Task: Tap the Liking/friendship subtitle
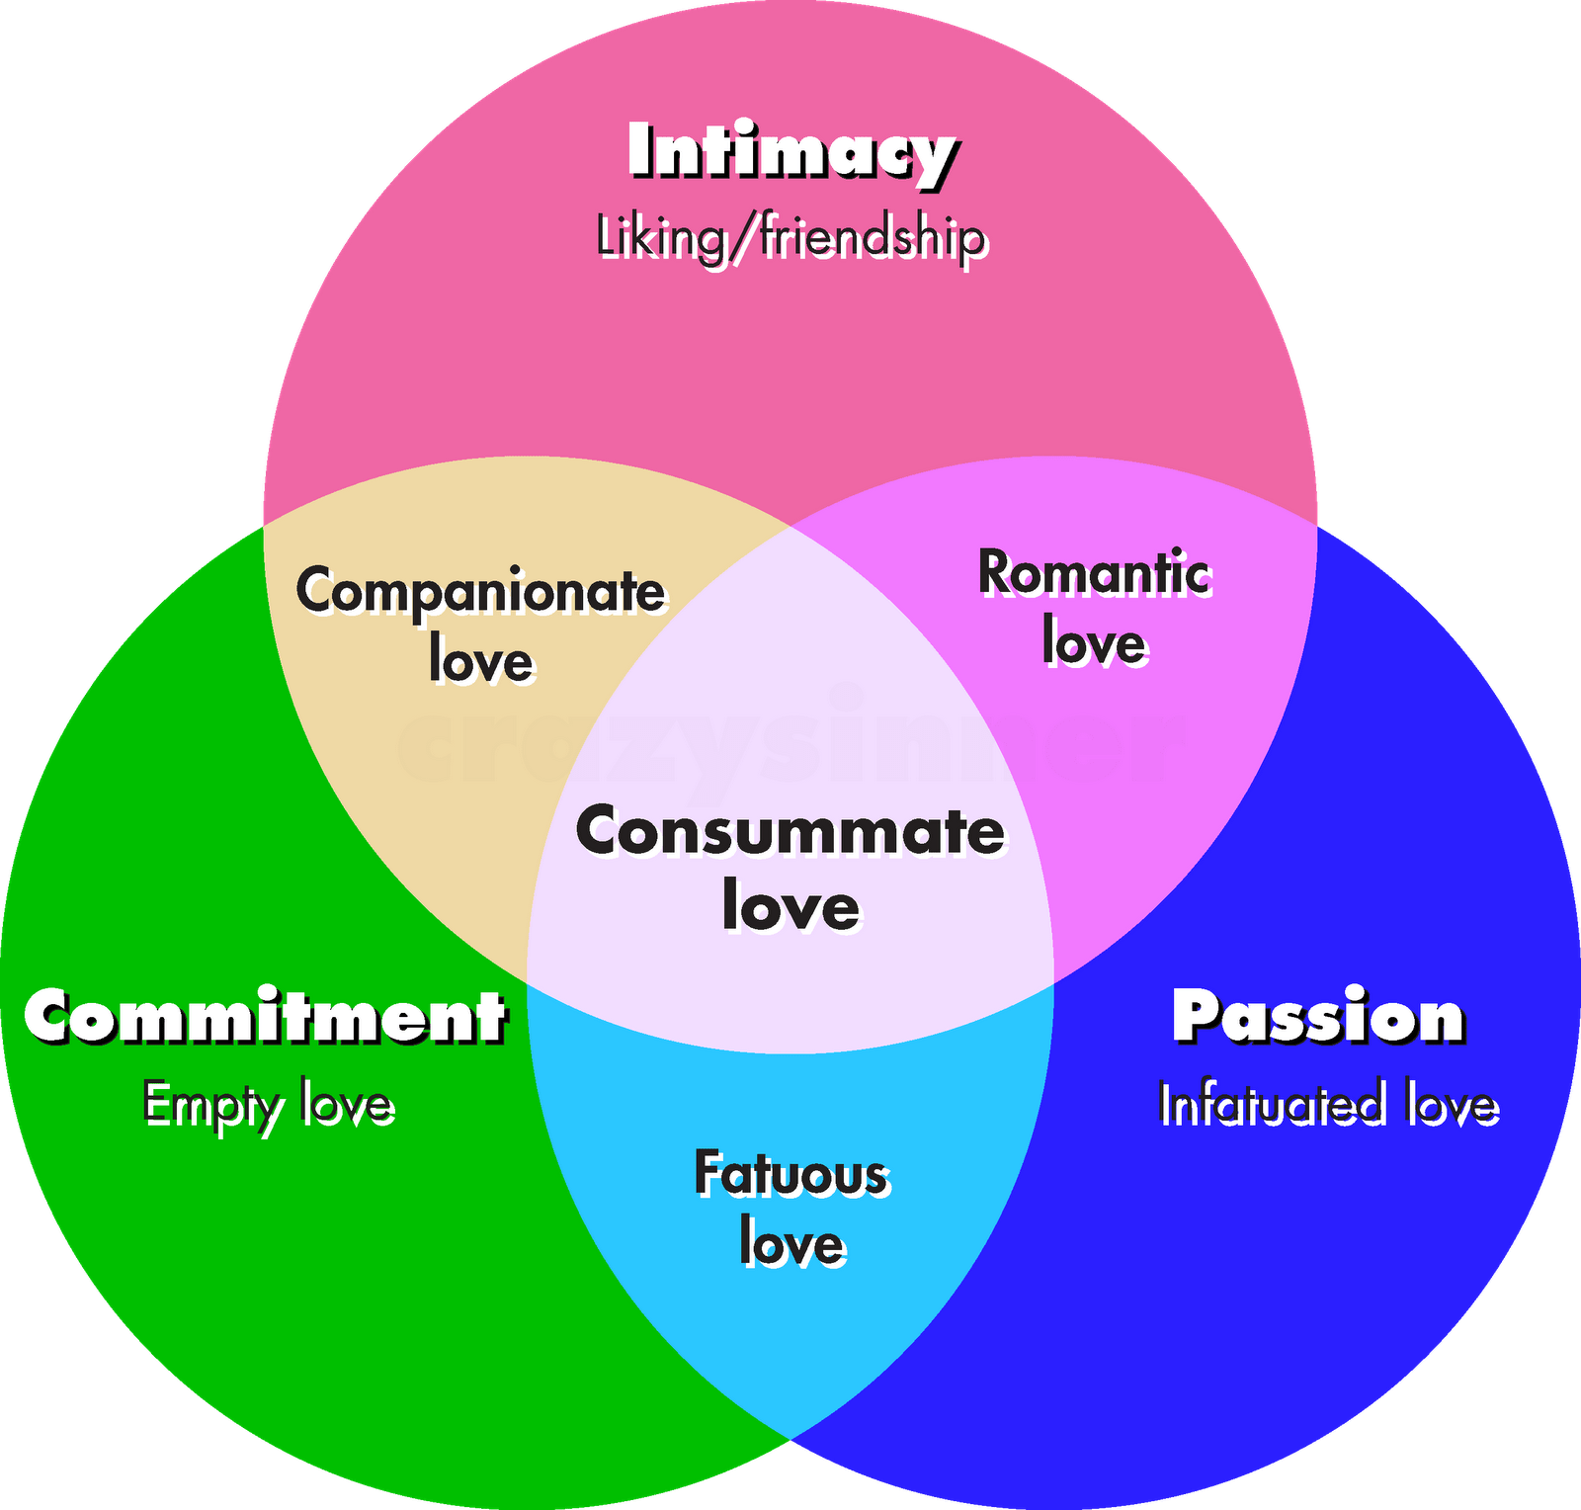(791, 239)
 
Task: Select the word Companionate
(481, 593)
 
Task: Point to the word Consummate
(790, 831)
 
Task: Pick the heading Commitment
(266, 1017)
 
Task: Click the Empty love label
(269, 1106)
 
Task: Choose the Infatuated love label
(1329, 1105)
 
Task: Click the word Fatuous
(791, 1174)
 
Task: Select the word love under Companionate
(481, 661)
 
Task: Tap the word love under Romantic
(1095, 643)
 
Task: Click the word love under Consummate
(790, 906)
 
